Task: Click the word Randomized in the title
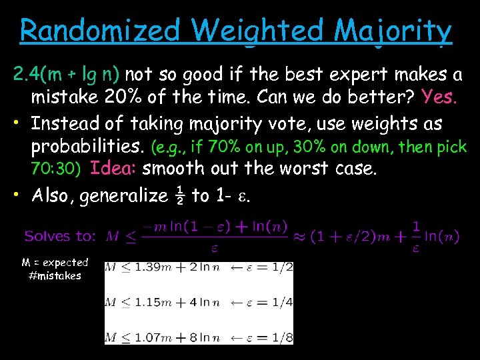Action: click(100, 31)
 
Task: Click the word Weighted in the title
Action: click(253, 31)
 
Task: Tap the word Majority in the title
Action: click(393, 31)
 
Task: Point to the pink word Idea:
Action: click(113, 168)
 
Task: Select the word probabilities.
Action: click(89, 146)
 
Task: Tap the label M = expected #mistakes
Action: click(55, 269)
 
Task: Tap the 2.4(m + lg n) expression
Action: click(67, 73)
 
